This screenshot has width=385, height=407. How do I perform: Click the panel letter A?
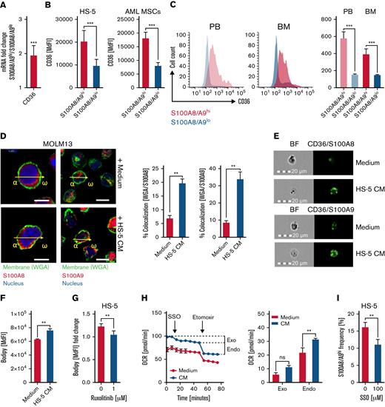coord(5,6)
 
